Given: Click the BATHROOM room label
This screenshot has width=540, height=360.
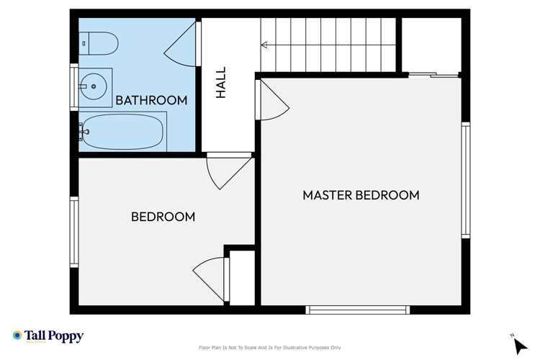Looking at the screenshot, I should tap(151, 100).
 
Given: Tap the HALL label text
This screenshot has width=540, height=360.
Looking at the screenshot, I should tap(221, 83).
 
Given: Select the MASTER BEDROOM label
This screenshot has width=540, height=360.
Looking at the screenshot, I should tap(360, 195).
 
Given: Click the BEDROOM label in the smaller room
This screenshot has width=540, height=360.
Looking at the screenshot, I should tap(163, 216).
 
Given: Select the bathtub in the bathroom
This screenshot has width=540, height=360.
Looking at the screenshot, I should tap(122, 132).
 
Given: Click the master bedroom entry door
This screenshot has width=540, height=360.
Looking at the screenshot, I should tap(272, 101).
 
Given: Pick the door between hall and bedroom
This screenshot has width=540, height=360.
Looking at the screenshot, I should tap(227, 171).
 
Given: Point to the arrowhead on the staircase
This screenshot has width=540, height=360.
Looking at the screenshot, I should tap(264, 45).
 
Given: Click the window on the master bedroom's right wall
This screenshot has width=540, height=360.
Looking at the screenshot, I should tap(466, 180).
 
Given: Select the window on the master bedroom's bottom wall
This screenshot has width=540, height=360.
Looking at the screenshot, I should tap(358, 310).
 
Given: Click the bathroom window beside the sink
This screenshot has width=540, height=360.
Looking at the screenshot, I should tap(73, 87).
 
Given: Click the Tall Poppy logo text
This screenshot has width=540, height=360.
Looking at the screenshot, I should tap(55, 336).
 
